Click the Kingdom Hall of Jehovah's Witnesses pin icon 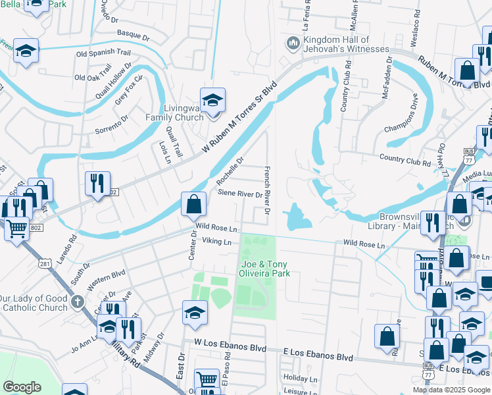pyautogui.click(x=293, y=44)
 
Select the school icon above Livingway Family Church pyautogui.click(x=212, y=101)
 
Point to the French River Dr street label pyautogui.click(x=267, y=188)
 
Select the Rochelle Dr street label pyautogui.click(x=230, y=171)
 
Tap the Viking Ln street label pyautogui.click(x=217, y=242)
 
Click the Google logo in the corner pyautogui.click(x=22, y=387)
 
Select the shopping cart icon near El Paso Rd pyautogui.click(x=207, y=381)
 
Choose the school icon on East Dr pyautogui.click(x=195, y=313)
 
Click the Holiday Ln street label pyautogui.click(x=305, y=379)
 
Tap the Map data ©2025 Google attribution pyautogui.click(x=451, y=389)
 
